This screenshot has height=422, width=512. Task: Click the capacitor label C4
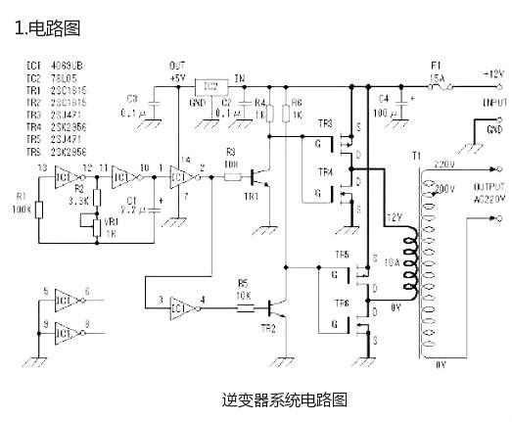pyautogui.click(x=384, y=98)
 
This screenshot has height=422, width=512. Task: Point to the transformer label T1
pyautogui.click(x=416, y=157)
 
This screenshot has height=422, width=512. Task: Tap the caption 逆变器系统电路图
pyautogui.click(x=285, y=399)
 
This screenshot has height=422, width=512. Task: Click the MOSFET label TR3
pyautogui.click(x=325, y=123)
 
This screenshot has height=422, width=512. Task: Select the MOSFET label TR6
pyautogui.click(x=343, y=305)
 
